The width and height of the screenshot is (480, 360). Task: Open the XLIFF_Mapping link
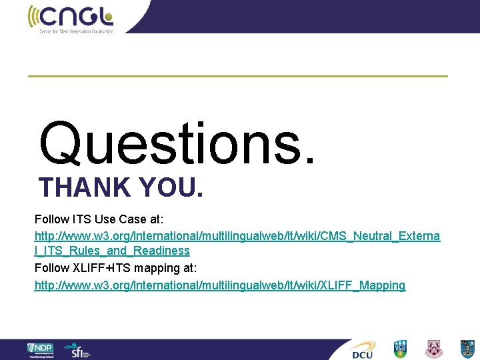pos(219,285)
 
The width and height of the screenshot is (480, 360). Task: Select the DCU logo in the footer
pos(363,349)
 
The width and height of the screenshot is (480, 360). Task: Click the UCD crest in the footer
pos(399,349)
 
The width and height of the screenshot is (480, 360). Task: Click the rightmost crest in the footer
pos(467,349)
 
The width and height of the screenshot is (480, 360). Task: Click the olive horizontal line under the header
pos(237,76)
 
